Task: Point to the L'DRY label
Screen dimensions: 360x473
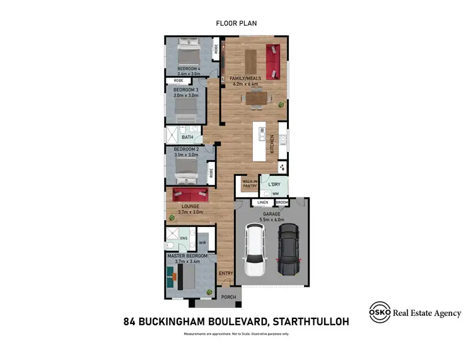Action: [274, 185]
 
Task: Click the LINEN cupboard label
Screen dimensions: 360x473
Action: [262, 202]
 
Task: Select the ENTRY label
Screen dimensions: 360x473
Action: [225, 273]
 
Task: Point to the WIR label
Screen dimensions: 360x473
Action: [202, 241]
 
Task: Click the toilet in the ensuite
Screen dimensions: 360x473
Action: [170, 245]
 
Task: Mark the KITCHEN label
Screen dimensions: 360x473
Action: [272, 144]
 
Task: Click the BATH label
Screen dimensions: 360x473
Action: [187, 137]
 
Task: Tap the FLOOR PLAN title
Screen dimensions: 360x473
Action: [236, 23]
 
